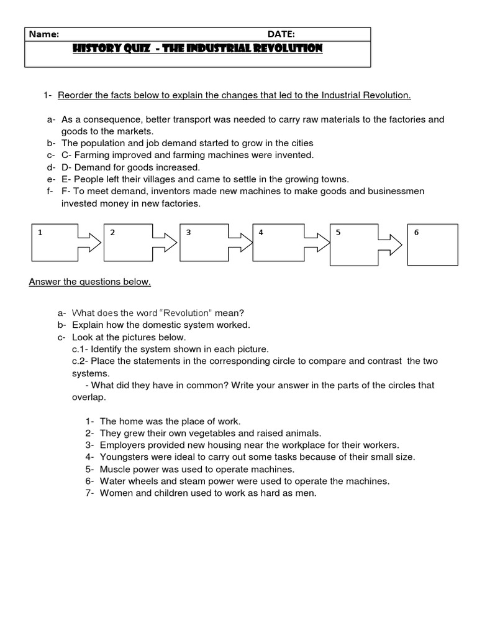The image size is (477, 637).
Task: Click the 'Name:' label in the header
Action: point(44,34)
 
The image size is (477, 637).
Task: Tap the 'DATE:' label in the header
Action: point(281,34)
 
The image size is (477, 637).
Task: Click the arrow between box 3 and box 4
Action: point(238,243)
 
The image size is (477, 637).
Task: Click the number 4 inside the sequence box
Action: point(261,232)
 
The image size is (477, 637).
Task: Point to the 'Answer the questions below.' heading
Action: point(90,282)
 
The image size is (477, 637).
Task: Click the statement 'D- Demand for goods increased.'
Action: point(130,167)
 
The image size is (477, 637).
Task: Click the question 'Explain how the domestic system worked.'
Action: point(161,325)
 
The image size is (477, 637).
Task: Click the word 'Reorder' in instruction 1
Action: point(75,95)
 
